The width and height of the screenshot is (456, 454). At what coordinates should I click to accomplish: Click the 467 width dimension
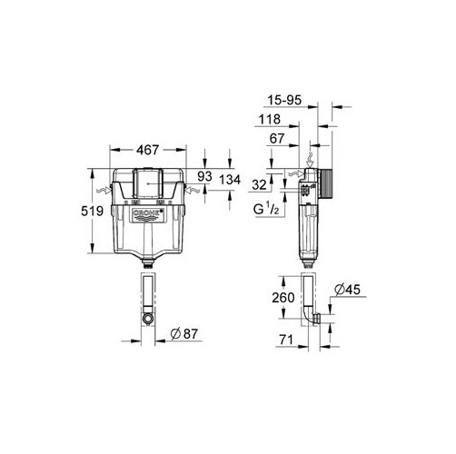point(147,150)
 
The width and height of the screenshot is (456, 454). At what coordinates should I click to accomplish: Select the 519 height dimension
point(92,211)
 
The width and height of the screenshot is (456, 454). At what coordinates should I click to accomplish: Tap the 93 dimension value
point(204,176)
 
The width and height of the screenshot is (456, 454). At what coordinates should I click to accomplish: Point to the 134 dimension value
point(230,180)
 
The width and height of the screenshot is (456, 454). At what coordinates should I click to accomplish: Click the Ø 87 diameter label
point(183,334)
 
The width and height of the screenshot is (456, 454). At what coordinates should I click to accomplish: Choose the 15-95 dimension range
point(284,100)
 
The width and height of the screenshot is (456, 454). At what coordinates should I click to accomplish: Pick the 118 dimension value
point(270,119)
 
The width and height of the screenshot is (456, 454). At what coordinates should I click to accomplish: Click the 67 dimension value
point(277,139)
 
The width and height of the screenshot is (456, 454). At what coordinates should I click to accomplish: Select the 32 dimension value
point(259,185)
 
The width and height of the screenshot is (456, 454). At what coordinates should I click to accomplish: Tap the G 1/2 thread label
point(266,209)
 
